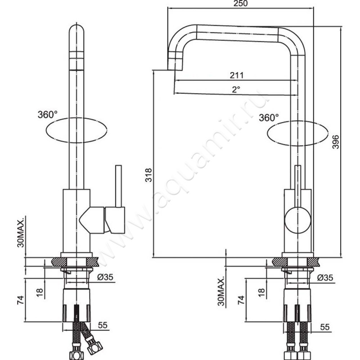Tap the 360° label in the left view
pyautogui.click(x=48, y=114)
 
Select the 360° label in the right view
pyautogui.click(x=269, y=118)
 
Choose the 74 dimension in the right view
pyautogui.click(x=241, y=299)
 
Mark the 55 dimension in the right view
pyautogui.click(x=324, y=327)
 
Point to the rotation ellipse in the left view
pyautogui.click(x=76, y=130)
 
